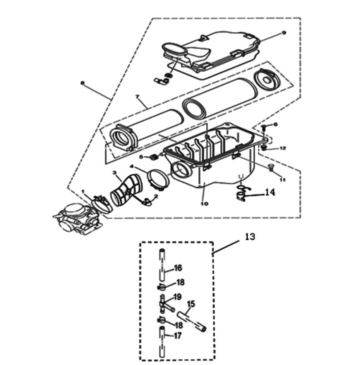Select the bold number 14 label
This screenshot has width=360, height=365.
coord(270,191)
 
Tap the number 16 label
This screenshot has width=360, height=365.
coord(178,268)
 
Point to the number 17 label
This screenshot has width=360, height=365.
coord(178,336)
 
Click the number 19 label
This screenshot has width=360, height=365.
coord(177,297)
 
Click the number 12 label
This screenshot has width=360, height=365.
coord(282,148)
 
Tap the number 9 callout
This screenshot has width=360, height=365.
coord(283,32)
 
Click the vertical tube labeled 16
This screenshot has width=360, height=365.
coord(161,265)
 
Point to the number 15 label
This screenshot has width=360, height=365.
coord(190,303)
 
